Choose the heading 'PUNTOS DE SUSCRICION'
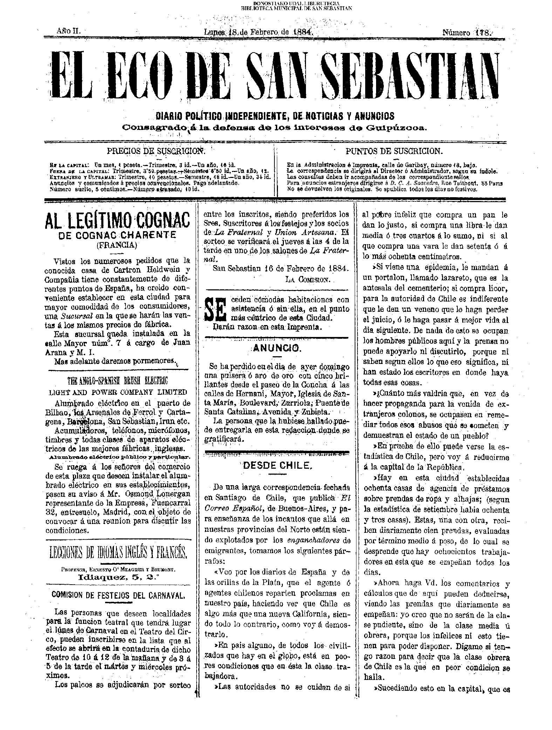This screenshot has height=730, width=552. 394,151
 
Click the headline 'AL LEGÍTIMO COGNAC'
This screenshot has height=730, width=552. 117,221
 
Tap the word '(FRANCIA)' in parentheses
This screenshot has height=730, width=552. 117,245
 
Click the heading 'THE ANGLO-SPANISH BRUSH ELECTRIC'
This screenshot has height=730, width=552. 117,381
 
